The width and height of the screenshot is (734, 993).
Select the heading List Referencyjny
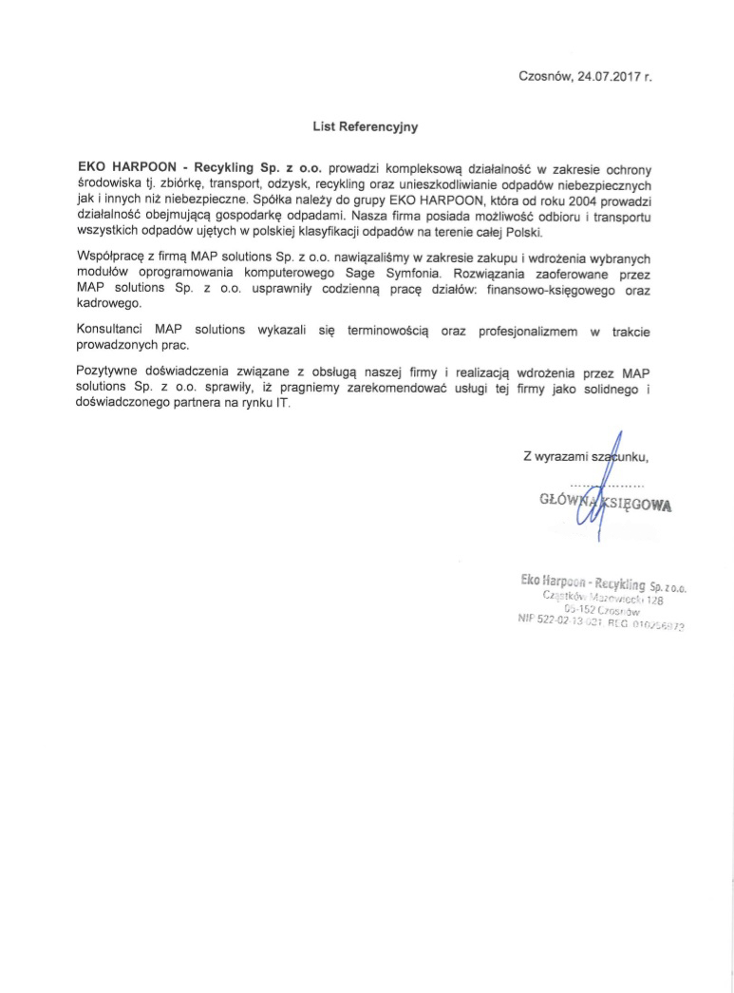coord(366,124)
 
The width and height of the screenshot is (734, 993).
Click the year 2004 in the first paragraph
coord(569,202)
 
